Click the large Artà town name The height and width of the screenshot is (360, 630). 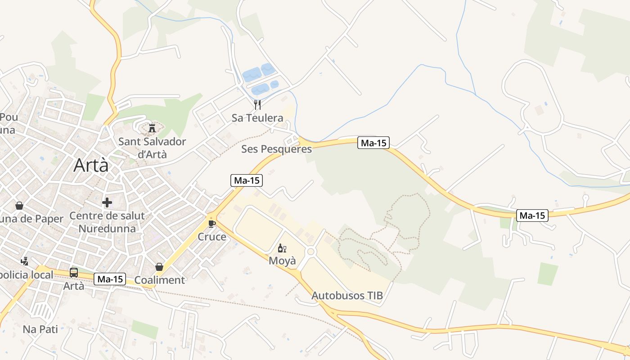(x=91, y=165)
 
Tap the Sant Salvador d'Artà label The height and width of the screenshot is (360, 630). (x=152, y=148)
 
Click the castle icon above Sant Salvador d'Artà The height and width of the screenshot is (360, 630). (x=152, y=128)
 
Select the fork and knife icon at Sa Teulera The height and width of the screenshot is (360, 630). (x=257, y=105)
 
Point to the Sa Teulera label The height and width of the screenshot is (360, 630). (x=257, y=118)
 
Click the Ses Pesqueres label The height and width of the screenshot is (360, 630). (x=276, y=149)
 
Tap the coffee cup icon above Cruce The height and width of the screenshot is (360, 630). (x=212, y=223)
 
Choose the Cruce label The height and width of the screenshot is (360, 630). (x=212, y=237)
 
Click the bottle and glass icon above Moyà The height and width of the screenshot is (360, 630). (x=282, y=248)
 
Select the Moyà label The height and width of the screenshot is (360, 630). (x=282, y=261)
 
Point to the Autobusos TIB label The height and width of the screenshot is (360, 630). (x=347, y=296)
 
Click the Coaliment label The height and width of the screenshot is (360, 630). (x=159, y=280)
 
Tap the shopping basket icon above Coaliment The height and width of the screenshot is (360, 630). (x=159, y=267)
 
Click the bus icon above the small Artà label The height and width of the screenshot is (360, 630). (x=73, y=273)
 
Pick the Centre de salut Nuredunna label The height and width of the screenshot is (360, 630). (x=107, y=222)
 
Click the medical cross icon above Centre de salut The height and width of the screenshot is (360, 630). (x=107, y=202)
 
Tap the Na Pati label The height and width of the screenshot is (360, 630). (x=40, y=329)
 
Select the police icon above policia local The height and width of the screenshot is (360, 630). (x=24, y=261)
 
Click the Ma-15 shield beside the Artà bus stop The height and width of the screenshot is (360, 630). (x=110, y=279)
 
